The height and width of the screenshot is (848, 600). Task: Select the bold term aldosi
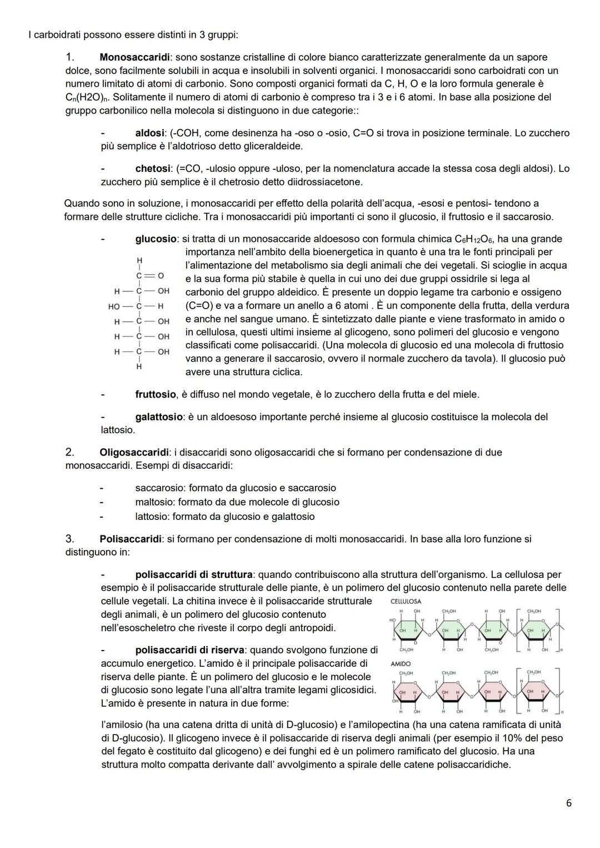pyautogui.click(x=149, y=133)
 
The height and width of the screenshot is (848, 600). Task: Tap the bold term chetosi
pyautogui.click(x=152, y=168)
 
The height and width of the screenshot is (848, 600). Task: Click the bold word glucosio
pyautogui.click(x=156, y=239)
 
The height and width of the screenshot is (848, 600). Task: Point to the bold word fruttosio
pyautogui.click(x=156, y=395)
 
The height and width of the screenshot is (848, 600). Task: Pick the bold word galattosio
pyautogui.click(x=158, y=417)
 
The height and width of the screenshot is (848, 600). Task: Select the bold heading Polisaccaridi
pyautogui.click(x=131, y=539)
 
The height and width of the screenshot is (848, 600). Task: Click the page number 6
pyautogui.click(x=568, y=803)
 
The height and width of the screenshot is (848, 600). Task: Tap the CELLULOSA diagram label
pyautogui.click(x=406, y=602)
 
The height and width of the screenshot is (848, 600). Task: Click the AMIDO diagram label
pyautogui.click(x=400, y=664)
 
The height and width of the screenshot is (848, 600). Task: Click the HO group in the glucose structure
pyautogui.click(x=114, y=306)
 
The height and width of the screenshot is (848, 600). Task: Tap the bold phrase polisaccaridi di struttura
pyautogui.click(x=194, y=575)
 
